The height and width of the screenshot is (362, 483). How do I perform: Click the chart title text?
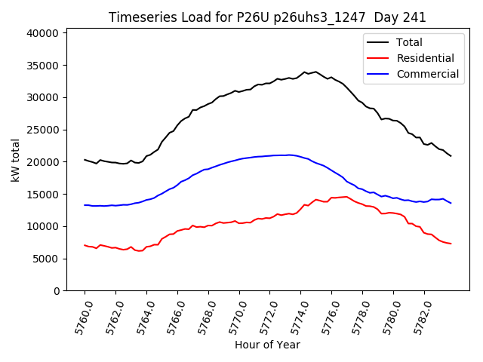click(x=267, y=17)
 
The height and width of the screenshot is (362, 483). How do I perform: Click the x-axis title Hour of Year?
click(x=267, y=345)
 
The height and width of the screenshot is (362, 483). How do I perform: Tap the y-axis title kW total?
click(x=16, y=160)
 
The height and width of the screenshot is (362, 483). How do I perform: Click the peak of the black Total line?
click(x=305, y=72)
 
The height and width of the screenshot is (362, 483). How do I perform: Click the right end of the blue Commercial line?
click(x=451, y=203)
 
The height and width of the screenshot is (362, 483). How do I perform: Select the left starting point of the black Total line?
click(x=85, y=159)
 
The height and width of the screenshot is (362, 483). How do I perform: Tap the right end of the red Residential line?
click(x=451, y=244)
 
